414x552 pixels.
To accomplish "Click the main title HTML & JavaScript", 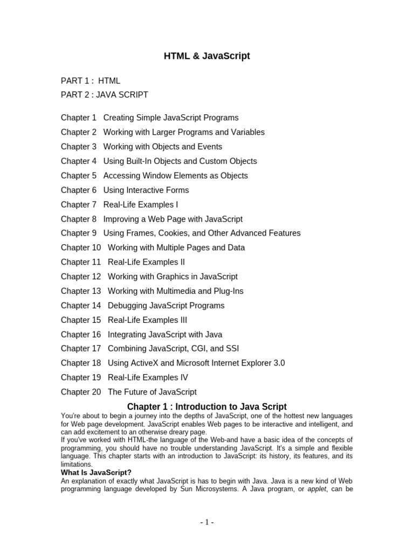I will [207, 56].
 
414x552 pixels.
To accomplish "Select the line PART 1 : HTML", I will [91, 81].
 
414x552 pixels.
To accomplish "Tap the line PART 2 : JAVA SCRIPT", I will [104, 95].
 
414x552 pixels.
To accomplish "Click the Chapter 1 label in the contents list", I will [79, 118].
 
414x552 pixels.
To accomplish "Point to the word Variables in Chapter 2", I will [246, 132].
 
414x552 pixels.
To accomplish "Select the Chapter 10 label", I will [81, 248].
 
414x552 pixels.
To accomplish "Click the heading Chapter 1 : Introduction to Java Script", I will [207, 407].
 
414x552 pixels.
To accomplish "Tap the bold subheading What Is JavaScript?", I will [96, 473].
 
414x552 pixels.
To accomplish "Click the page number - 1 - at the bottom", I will [207, 522].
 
